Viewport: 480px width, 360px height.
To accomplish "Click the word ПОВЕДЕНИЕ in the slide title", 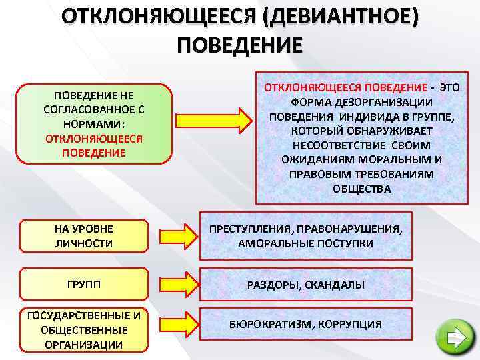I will (239, 45).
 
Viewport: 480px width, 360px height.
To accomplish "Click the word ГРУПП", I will (84, 284).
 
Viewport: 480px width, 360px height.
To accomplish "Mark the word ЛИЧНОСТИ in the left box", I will (84, 243).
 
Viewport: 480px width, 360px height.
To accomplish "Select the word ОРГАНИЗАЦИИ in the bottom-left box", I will (84, 345).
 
